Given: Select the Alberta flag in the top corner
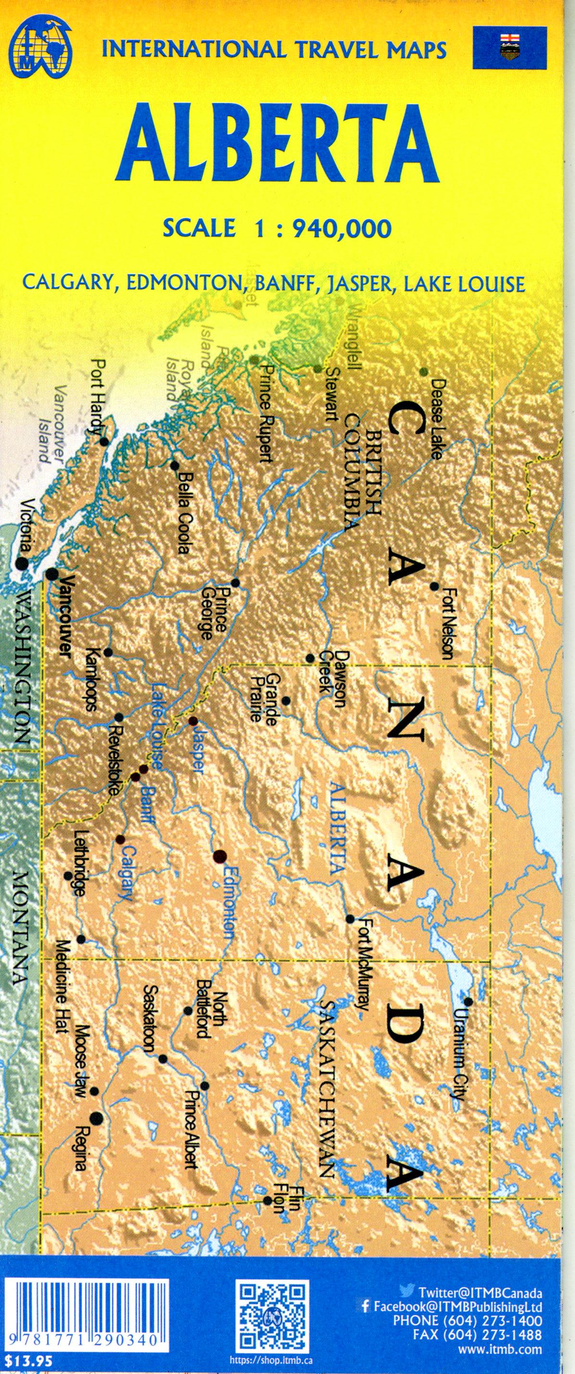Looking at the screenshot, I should [509, 49].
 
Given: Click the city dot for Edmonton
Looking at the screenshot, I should [219, 857].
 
